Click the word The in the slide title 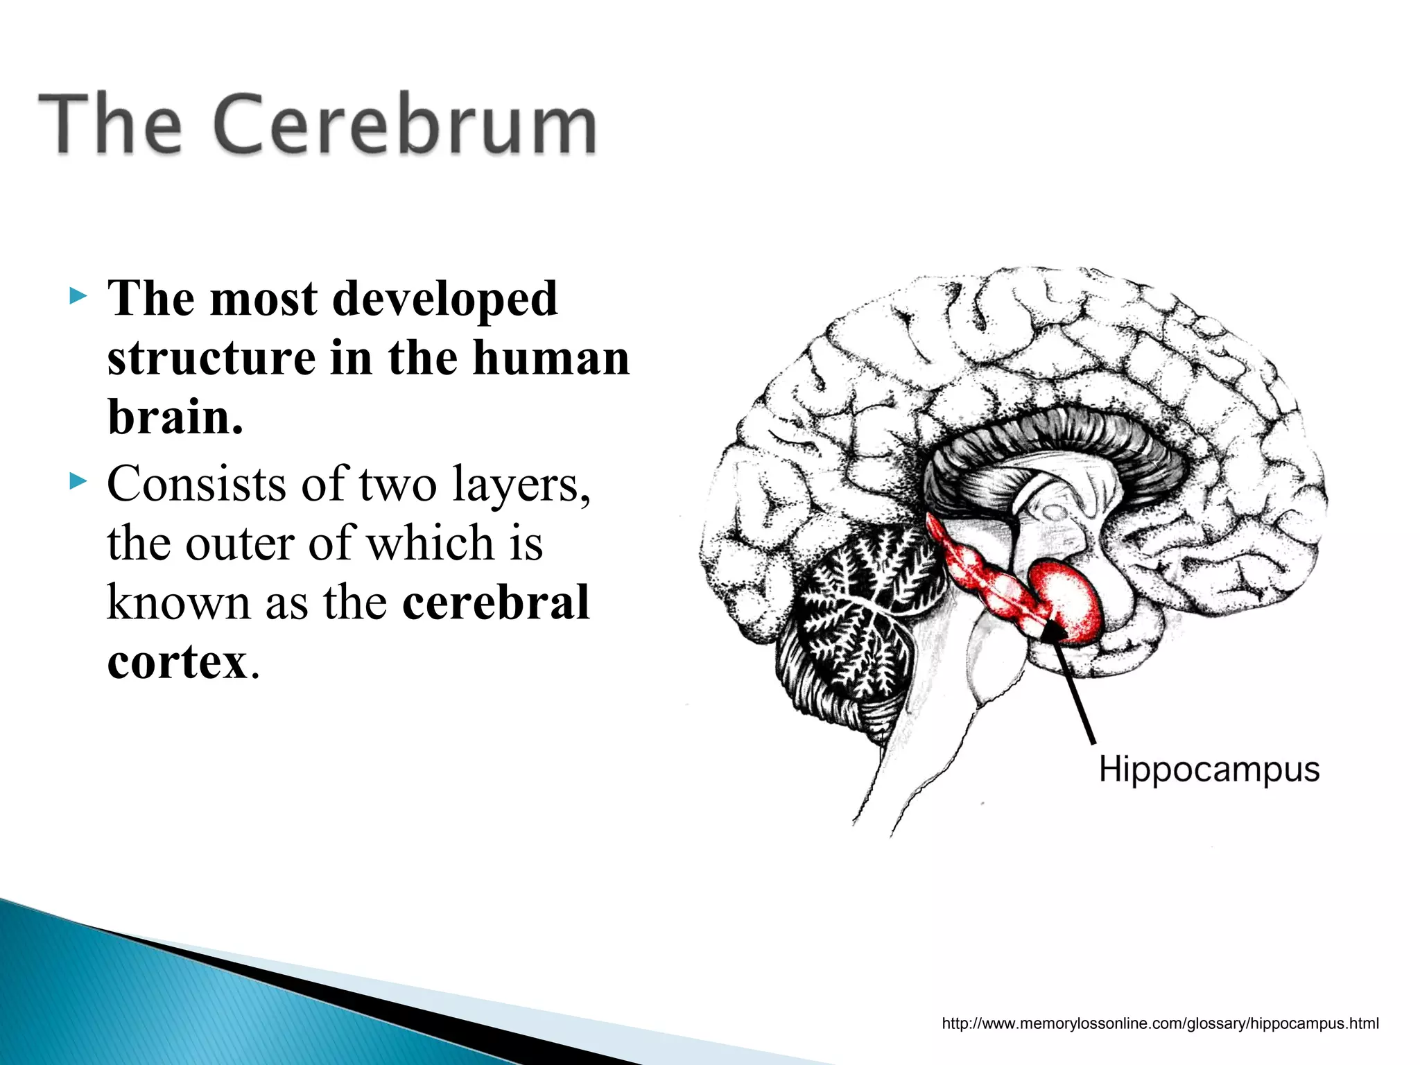click(111, 125)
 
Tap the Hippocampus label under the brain click(1209, 770)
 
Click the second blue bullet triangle click(78, 480)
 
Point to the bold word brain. click(175, 417)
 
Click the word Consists click(196, 483)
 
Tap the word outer click(239, 543)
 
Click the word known click(178, 602)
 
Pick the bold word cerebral click(495, 602)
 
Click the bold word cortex click(177, 661)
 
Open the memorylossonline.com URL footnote click(1160, 1023)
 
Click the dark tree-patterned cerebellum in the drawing click(856, 610)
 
